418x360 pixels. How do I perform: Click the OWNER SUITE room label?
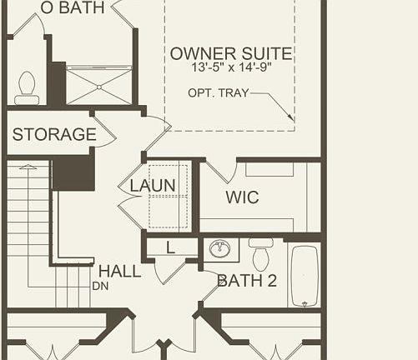pyautogui.click(x=230, y=54)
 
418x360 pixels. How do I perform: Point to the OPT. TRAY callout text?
pyautogui.click(x=218, y=92)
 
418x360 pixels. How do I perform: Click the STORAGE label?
pyautogui.click(x=53, y=134)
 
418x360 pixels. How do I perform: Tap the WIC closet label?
pyautogui.click(x=242, y=197)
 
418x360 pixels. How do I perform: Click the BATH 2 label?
pyautogui.click(x=246, y=281)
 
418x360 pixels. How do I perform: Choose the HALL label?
pyautogui.click(x=119, y=272)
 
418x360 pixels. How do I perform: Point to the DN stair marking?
pyautogui.click(x=100, y=286)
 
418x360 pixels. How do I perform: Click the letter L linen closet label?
pyautogui.click(x=170, y=247)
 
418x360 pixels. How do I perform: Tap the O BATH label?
pyautogui.click(x=63, y=7)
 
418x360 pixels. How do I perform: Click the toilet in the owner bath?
pyautogui.click(x=27, y=87)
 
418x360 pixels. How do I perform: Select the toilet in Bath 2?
pyautogui.click(x=261, y=253)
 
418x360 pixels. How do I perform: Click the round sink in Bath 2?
pyautogui.click(x=221, y=248)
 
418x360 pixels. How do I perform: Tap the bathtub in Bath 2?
pyautogui.click(x=304, y=276)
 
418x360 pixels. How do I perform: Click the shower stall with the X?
pyautogui.click(x=98, y=85)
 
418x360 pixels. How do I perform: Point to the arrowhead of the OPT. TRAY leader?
pyautogui.click(x=290, y=119)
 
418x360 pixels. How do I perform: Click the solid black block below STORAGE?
pyautogui.click(x=73, y=172)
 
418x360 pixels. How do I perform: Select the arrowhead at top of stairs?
pyautogui.click(x=28, y=167)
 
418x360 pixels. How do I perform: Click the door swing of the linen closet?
pyautogui.click(x=168, y=268)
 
